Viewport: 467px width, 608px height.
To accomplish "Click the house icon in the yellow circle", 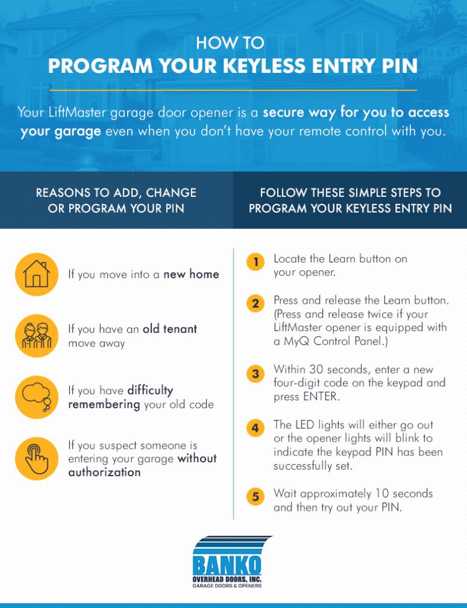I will pyautogui.click(x=36, y=274).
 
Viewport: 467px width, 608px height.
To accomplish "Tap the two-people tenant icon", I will pyautogui.click(x=36, y=335).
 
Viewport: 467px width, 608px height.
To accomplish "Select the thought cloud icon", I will pyautogui.click(x=36, y=397).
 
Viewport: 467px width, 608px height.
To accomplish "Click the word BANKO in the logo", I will pyautogui.click(x=227, y=565).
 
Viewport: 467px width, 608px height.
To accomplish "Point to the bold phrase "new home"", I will pyautogui.click(x=191, y=275).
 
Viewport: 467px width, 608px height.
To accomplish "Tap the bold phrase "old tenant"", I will pyautogui.click(x=170, y=329).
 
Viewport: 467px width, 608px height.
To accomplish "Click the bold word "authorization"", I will pyautogui.click(x=104, y=472).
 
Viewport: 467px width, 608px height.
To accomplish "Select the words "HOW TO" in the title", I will pyautogui.click(x=230, y=43).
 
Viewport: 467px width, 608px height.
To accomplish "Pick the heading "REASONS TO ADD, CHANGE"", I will pyautogui.click(x=116, y=193).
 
